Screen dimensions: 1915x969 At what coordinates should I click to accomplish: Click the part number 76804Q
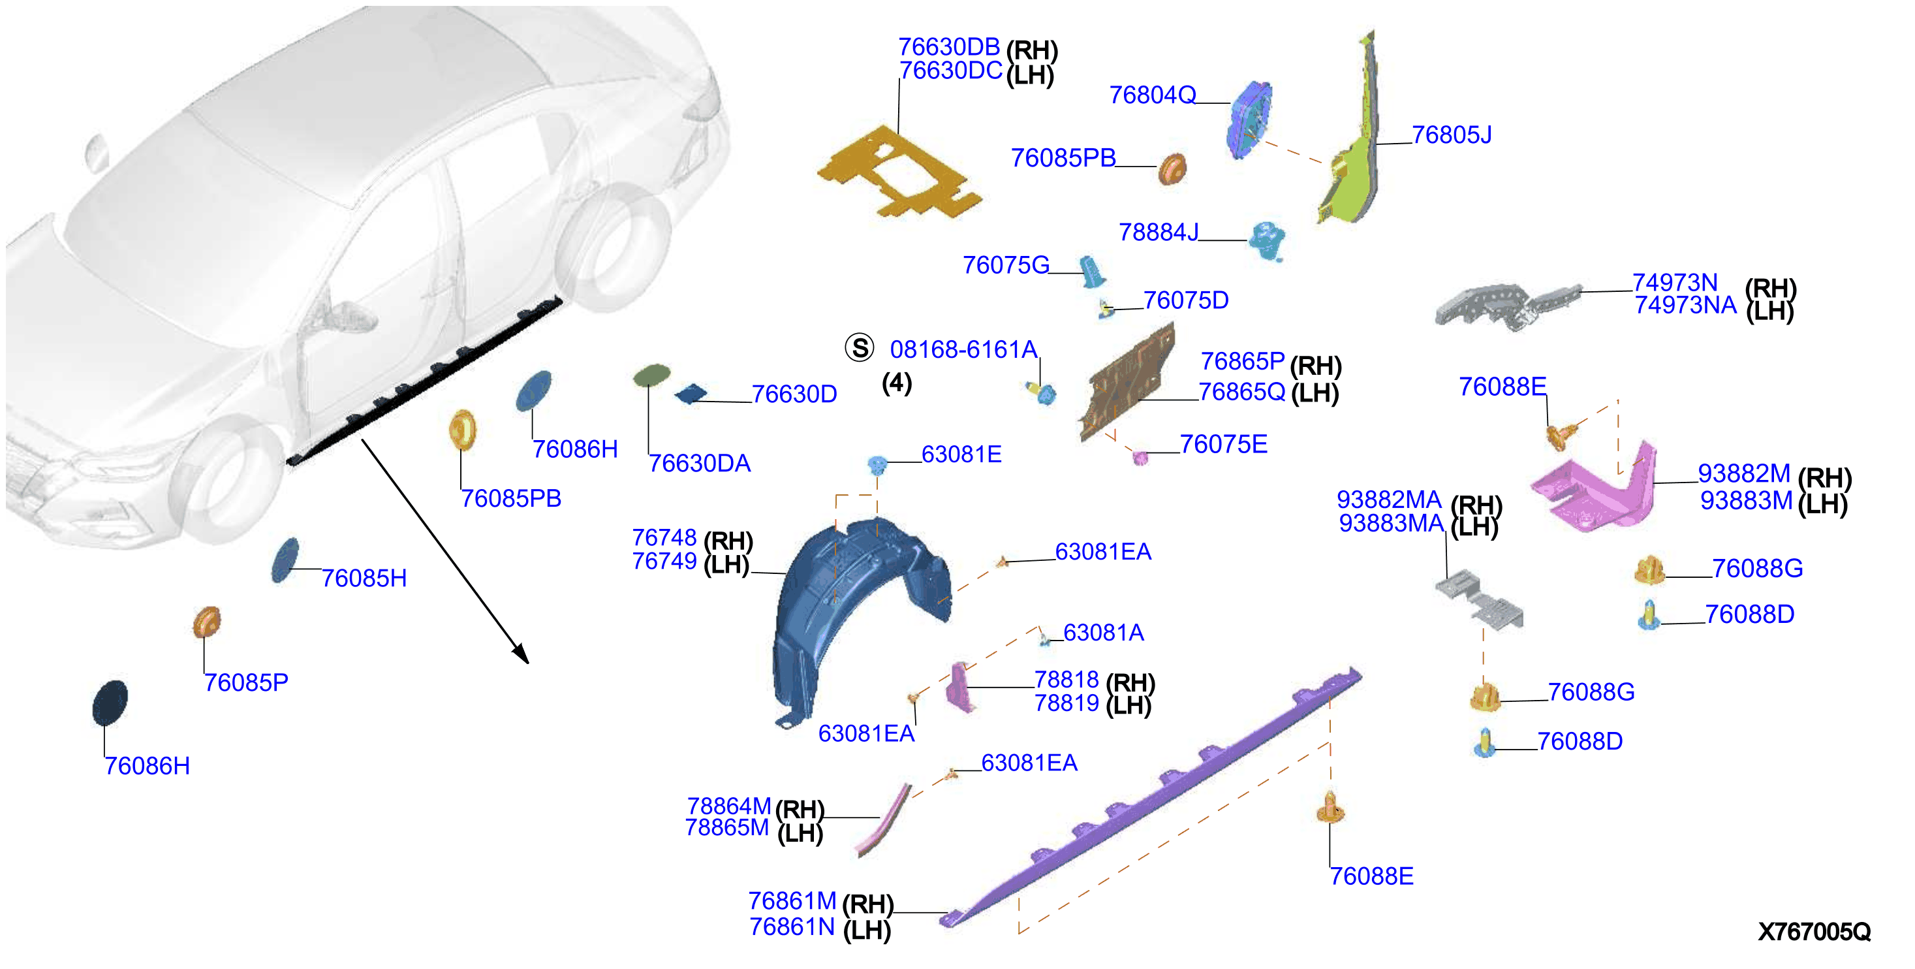click(1152, 95)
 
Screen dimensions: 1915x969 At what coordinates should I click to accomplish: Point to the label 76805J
click(1451, 135)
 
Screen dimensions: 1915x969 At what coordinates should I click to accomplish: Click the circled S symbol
click(860, 347)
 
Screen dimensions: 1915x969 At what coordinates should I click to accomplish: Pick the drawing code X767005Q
click(1814, 931)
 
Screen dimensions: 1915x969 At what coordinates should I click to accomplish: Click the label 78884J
click(1159, 232)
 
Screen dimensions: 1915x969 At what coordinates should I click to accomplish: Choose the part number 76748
click(664, 537)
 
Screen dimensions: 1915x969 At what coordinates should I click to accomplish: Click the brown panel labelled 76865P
click(1127, 381)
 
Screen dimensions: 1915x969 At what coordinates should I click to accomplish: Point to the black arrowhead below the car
click(520, 653)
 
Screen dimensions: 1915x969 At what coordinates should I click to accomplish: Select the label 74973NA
click(1685, 306)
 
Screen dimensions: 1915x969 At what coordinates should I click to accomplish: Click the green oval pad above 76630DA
click(651, 375)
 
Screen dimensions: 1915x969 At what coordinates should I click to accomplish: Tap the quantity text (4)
click(897, 383)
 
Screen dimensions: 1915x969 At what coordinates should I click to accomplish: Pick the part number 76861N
click(792, 927)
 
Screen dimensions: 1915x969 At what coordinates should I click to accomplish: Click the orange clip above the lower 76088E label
click(1330, 808)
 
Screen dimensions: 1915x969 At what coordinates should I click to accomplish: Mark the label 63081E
click(961, 454)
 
